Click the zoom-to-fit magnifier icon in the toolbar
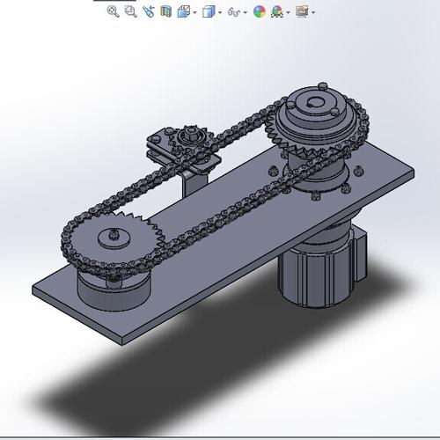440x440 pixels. pyautogui.click(x=113, y=11)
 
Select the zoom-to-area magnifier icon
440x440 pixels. pyautogui.click(x=130, y=11)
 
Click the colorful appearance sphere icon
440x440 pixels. pyautogui.click(x=259, y=12)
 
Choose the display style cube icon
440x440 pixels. pyautogui.click(x=209, y=12)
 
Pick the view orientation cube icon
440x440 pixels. pyautogui.click(x=183, y=12)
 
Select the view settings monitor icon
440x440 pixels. pyautogui.click(x=303, y=12)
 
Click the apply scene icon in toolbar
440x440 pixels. pyautogui.click(x=278, y=12)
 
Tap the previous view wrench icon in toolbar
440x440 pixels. pyautogui.click(x=148, y=12)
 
